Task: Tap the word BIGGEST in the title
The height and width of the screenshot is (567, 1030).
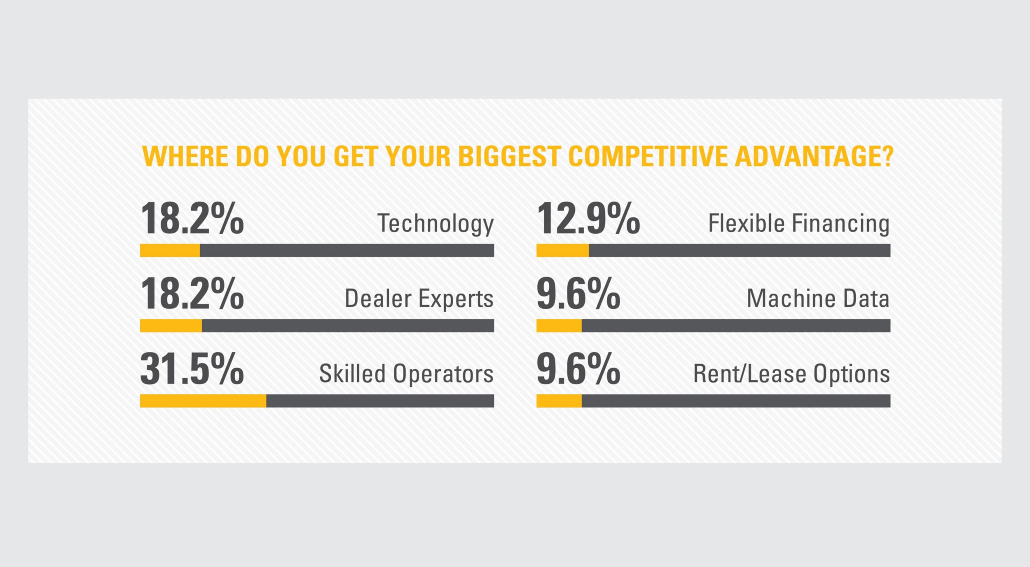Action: pyautogui.click(x=509, y=156)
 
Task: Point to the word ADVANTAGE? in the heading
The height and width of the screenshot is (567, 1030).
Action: pyautogui.click(x=814, y=156)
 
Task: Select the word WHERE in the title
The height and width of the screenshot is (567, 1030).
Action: pyautogui.click(x=185, y=156)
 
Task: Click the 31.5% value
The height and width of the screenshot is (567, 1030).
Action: pyautogui.click(x=192, y=369)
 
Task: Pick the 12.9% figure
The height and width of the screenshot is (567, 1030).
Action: pyautogui.click(x=588, y=219)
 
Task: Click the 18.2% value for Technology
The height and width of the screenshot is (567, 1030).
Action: pyautogui.click(x=192, y=219)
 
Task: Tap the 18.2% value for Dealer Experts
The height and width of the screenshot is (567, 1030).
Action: pyautogui.click(x=192, y=294)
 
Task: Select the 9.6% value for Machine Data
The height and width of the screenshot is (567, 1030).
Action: pyautogui.click(x=578, y=294)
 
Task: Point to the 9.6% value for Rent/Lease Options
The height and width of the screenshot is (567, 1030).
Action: pyautogui.click(x=578, y=369)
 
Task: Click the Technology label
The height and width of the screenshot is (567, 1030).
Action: pyautogui.click(x=435, y=224)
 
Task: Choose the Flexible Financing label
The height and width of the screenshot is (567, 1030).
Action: pyautogui.click(x=799, y=223)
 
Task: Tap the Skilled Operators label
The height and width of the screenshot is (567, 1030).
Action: pyautogui.click(x=406, y=374)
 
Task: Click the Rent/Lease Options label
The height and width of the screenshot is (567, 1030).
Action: pyautogui.click(x=791, y=374)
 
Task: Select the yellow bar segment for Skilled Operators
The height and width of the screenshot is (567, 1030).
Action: pyautogui.click(x=203, y=401)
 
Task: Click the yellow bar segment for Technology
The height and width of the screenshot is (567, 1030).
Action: pyautogui.click(x=170, y=250)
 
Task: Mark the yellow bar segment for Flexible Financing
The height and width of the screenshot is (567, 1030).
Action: pyautogui.click(x=562, y=250)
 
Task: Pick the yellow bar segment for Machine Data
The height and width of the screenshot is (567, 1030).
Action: pyautogui.click(x=559, y=326)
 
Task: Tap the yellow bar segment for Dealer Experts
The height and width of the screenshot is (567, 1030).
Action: pyautogui.click(x=171, y=326)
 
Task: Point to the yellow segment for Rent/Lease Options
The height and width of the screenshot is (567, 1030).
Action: pyautogui.click(x=559, y=401)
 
